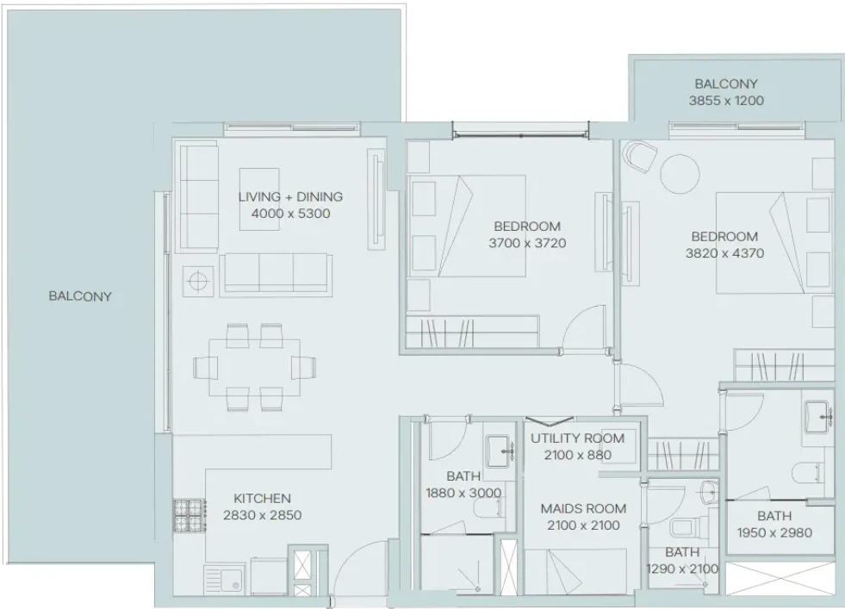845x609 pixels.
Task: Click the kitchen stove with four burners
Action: click(190, 515)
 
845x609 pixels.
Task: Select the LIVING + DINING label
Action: click(290, 196)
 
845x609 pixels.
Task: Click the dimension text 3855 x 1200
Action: click(726, 100)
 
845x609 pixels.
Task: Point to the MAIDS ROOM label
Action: click(583, 508)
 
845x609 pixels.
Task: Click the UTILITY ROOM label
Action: click(577, 438)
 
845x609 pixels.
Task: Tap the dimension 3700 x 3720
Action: click(527, 243)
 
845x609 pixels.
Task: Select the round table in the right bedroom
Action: click(680, 174)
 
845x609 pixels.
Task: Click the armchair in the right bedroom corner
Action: click(640, 156)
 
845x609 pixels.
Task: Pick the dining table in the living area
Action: click(254, 367)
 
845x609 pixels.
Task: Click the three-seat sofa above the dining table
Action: click(276, 274)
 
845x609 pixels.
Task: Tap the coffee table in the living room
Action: click(259, 199)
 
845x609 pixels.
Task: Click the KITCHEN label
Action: click(262, 499)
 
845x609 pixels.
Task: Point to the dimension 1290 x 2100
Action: click(682, 569)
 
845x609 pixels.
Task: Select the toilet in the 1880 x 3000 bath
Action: click(489, 507)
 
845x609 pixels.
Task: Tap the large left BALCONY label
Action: click(80, 295)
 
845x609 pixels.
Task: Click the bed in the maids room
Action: click(575, 572)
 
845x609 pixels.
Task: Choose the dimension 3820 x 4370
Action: click(724, 253)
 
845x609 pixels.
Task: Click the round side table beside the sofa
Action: click(198, 282)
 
